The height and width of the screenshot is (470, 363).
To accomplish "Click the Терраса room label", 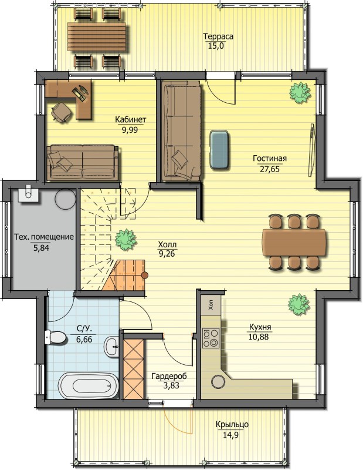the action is click(x=218, y=36).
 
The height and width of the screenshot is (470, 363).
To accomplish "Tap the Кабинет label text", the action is click(x=131, y=120).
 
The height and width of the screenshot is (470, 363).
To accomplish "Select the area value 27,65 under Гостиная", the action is click(x=270, y=169).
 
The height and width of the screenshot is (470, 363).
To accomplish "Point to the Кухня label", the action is click(x=260, y=327).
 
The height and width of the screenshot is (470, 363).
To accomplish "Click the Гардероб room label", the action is click(x=169, y=376).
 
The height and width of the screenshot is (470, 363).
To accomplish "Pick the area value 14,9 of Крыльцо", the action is click(x=230, y=435).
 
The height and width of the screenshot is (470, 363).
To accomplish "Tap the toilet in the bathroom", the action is click(x=55, y=337).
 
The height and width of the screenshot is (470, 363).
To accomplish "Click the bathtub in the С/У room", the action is click(x=88, y=386).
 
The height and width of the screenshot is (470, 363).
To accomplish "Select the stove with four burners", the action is click(x=211, y=338).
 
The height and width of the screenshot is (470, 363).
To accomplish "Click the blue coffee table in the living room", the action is click(x=220, y=150).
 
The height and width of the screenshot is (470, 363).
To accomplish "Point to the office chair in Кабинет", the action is click(x=62, y=112).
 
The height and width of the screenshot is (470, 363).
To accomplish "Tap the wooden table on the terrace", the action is click(x=97, y=38).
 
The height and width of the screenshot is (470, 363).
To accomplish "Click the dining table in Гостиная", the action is click(x=294, y=243).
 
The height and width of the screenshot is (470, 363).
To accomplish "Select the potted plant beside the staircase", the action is click(x=126, y=240).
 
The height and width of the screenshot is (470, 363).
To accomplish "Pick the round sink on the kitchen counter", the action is click(x=218, y=381).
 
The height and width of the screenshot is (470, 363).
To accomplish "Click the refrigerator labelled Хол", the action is click(x=211, y=304).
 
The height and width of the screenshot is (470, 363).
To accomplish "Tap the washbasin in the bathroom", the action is click(x=111, y=346).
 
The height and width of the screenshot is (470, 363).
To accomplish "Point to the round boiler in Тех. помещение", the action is click(x=66, y=199).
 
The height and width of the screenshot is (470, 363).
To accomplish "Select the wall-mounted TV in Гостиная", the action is click(x=311, y=149).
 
